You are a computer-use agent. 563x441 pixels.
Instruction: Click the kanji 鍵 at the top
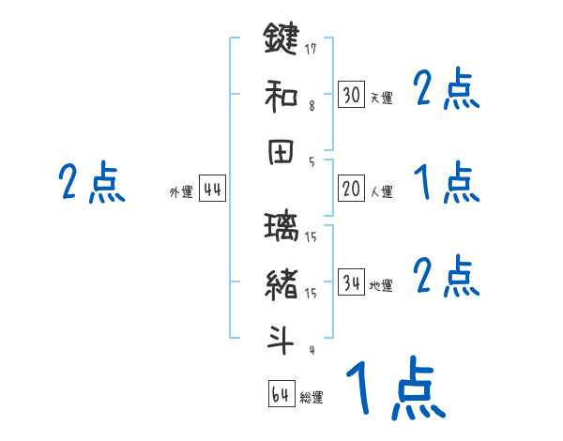click(281, 40)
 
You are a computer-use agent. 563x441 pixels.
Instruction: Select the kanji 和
click(281, 95)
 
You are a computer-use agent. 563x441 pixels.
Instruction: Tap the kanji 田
click(281, 152)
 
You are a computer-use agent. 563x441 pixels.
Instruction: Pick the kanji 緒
click(281, 284)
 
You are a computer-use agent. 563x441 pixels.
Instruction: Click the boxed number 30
click(351, 96)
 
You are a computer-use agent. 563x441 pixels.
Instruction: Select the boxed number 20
click(351, 190)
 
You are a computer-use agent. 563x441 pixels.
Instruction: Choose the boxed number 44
click(212, 190)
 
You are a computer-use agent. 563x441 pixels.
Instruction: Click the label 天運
click(381, 99)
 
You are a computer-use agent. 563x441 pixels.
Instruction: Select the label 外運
click(181, 192)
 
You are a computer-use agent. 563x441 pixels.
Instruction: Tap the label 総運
click(312, 398)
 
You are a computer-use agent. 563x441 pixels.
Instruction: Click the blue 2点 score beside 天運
click(447, 90)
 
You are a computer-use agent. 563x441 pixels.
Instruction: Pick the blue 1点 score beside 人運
click(447, 182)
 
